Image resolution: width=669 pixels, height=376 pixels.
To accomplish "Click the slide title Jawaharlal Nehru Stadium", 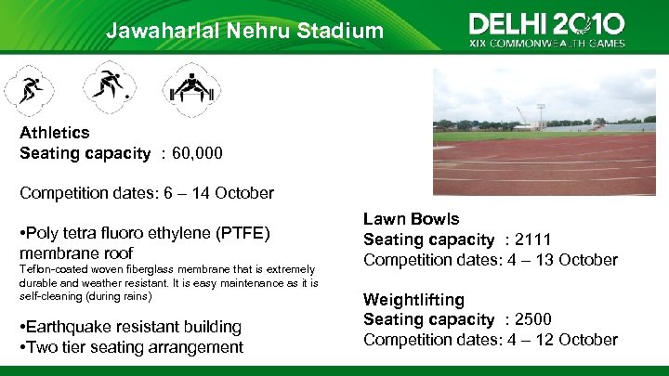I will [x=244, y=31].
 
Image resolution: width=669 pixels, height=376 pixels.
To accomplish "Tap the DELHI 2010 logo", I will [x=546, y=24].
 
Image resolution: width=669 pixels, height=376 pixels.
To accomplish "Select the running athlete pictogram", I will [x=27, y=89].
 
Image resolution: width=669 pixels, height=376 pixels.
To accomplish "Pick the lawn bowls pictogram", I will [x=111, y=88].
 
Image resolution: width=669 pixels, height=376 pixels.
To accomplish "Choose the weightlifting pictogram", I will [x=191, y=88].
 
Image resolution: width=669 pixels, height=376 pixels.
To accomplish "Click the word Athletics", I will [x=55, y=133].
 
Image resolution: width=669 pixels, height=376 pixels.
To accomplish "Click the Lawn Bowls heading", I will [x=411, y=219].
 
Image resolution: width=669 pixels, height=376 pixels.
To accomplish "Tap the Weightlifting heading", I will [x=413, y=300].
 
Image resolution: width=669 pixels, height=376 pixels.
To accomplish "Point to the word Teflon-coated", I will [x=49, y=270].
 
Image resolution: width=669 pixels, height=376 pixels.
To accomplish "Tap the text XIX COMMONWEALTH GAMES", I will [x=546, y=43].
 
